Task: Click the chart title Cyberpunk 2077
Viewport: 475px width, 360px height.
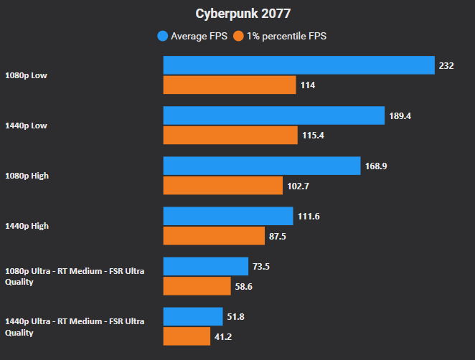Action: (237, 14)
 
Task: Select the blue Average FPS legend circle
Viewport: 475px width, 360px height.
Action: (163, 35)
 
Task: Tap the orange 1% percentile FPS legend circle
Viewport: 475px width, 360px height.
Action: (239, 35)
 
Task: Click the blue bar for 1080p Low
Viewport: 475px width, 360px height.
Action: (298, 65)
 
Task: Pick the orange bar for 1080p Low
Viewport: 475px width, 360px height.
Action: (230, 85)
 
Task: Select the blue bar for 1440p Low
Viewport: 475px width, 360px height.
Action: (274, 115)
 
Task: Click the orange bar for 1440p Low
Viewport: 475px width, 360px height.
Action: (230, 136)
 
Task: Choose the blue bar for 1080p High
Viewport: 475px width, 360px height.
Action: (261, 166)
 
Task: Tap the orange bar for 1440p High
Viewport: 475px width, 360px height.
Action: (215, 236)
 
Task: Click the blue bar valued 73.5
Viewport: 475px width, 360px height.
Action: (205, 266)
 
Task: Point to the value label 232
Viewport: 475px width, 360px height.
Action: (446, 65)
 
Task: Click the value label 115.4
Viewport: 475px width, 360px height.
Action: (313, 136)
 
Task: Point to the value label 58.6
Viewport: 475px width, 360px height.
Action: (263, 286)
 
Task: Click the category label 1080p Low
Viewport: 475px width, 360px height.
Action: (26, 75)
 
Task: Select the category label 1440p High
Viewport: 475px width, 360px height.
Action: (27, 226)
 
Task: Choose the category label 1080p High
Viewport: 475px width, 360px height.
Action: (27, 176)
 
